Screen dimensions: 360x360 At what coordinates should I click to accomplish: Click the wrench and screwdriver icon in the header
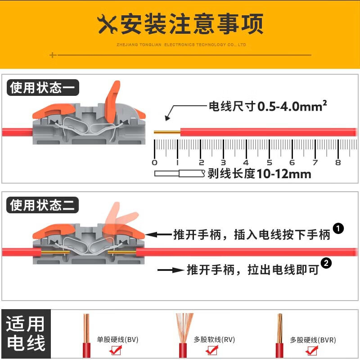coord(107,24)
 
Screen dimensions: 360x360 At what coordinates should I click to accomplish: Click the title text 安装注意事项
coord(192,24)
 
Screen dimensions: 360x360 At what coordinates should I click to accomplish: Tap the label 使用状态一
coord(43,87)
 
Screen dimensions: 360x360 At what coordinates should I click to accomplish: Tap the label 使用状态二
coord(43,206)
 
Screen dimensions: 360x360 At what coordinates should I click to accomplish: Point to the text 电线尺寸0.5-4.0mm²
coord(267,106)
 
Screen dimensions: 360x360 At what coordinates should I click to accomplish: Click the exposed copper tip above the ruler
coord(166,132)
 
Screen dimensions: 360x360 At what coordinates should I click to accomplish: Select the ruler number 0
coord(155,162)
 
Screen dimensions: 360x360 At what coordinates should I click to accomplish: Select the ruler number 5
coord(269,162)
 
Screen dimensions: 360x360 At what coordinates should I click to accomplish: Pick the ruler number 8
coord(338,162)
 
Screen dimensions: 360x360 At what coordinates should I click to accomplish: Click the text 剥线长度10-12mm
coord(259,174)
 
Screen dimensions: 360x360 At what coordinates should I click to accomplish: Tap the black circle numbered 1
coord(338,229)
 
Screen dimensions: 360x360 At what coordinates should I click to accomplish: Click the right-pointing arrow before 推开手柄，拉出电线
coord(171,270)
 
